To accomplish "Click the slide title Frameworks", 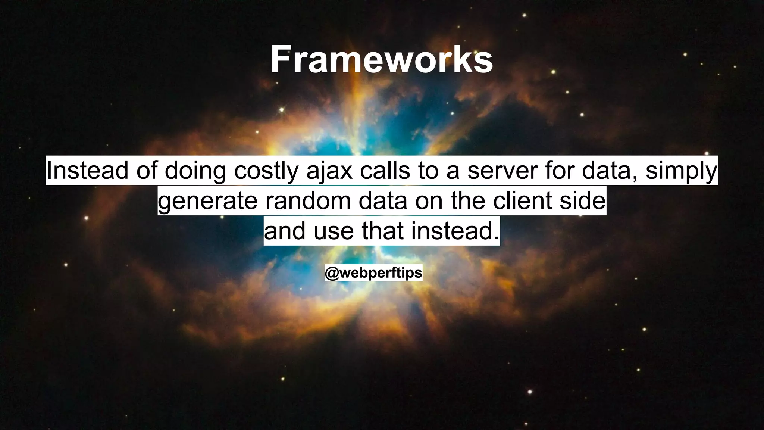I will pyautogui.click(x=382, y=60).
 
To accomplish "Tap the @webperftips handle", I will pyautogui.click(x=373, y=273).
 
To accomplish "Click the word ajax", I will pyautogui.click(x=329, y=171).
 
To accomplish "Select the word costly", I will pyautogui.click(x=266, y=171).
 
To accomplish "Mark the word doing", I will pyautogui.click(x=195, y=171).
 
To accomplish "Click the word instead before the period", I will pyautogui.click(x=452, y=231).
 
